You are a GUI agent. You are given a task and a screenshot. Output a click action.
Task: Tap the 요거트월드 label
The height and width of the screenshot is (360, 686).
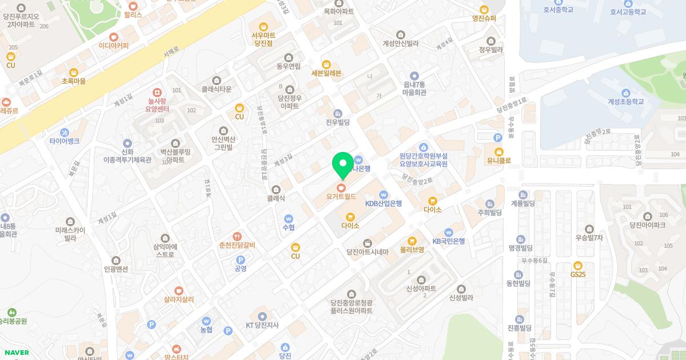pyautogui.click(x=341, y=196)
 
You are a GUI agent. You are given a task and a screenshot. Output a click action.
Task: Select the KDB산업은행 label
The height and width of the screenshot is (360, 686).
pyautogui.click(x=384, y=203)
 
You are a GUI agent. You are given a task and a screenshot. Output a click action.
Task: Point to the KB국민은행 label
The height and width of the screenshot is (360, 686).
pyautogui.click(x=448, y=241)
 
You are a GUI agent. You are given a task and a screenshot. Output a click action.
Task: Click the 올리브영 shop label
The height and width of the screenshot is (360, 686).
pyautogui.click(x=412, y=249)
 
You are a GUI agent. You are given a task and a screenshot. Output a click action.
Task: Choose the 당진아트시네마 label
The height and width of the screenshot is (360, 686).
pyautogui.click(x=367, y=252)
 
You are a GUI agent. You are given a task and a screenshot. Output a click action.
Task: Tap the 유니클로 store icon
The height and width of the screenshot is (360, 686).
pyautogui.click(x=498, y=152)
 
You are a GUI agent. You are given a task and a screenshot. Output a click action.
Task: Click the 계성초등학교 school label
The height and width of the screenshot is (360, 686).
pyautogui.click(x=625, y=101)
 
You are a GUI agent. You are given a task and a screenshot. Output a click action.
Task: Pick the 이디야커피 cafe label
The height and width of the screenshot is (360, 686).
pyautogui.click(x=114, y=45)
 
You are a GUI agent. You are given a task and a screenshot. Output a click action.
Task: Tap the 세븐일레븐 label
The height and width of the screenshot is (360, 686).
pyautogui.click(x=326, y=73)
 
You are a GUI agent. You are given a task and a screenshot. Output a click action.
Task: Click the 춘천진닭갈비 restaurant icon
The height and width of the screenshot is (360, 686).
pyautogui.click(x=237, y=236)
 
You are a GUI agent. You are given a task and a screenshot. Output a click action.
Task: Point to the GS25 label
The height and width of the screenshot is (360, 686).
pyautogui.click(x=578, y=274)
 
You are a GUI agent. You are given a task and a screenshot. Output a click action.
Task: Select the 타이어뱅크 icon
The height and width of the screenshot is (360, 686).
pyautogui.click(x=64, y=133)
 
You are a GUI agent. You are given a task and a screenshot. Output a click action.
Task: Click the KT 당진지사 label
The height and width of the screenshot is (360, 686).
pyautogui.click(x=262, y=325)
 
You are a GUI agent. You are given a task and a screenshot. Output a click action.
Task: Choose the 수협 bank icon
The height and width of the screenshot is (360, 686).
pyautogui.click(x=288, y=218)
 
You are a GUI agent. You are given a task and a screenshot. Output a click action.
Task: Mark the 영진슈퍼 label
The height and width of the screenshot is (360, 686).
pyautogui.click(x=484, y=18)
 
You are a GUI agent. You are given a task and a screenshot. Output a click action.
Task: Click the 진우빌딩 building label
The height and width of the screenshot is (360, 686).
pyautogui.click(x=337, y=121)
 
